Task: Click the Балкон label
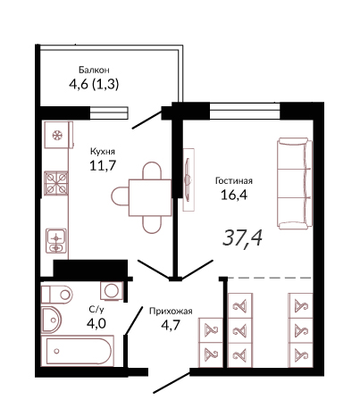click(94, 70)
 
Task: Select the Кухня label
click(103, 152)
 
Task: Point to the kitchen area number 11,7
click(103, 165)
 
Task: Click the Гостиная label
click(234, 180)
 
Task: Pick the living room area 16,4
click(234, 195)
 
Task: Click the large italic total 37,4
click(242, 238)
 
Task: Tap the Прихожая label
click(171, 312)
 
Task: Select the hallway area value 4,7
click(171, 325)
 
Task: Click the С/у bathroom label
click(96, 310)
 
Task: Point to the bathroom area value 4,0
click(96, 323)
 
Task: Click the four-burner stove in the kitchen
click(56, 183)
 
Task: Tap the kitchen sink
click(56, 241)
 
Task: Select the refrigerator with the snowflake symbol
click(59, 135)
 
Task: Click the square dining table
click(150, 197)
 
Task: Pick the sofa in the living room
click(295, 183)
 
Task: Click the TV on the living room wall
click(188, 179)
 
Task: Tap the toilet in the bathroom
click(56, 295)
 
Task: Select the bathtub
click(78, 351)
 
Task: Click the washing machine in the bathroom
click(112, 290)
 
